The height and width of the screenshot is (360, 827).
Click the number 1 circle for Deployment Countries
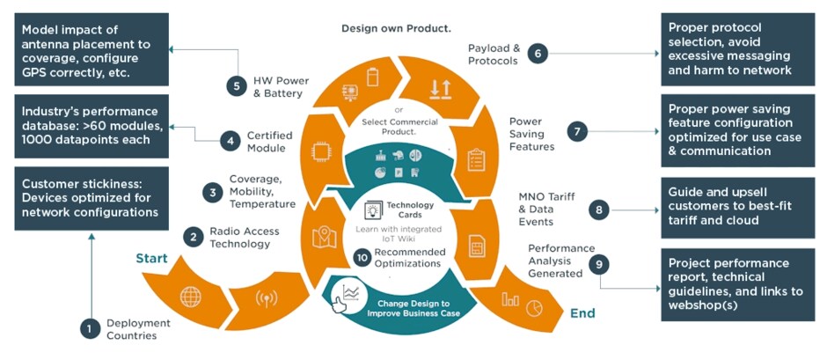coord(90,328)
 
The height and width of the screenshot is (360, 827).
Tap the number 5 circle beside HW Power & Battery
coord(236,85)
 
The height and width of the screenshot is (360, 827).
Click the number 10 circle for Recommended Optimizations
coord(362,258)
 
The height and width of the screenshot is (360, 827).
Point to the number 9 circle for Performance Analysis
coord(599,262)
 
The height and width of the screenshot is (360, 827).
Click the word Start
coord(151,259)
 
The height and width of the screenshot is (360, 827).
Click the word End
coord(582,312)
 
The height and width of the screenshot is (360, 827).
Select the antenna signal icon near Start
coord(261,297)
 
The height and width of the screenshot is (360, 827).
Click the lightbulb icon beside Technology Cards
coord(371,209)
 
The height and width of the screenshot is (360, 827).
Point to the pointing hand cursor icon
coord(340,303)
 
